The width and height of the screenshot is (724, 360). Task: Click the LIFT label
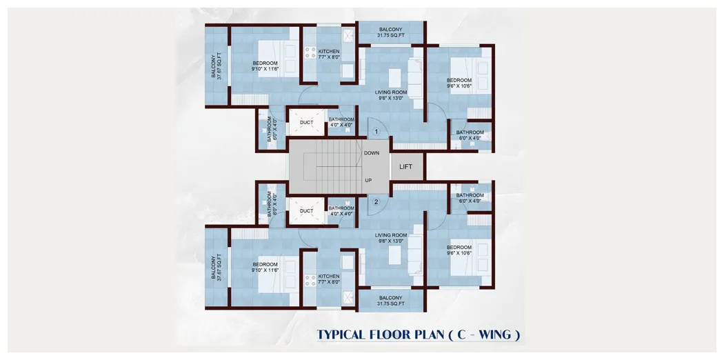click(x=405, y=166)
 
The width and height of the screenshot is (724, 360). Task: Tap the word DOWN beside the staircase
click(x=372, y=153)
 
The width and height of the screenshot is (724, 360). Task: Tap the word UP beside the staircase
click(x=369, y=181)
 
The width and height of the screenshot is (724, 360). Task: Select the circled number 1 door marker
click(x=376, y=131)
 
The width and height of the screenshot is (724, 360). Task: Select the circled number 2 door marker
click(x=376, y=202)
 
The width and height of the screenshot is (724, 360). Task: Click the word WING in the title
click(x=491, y=335)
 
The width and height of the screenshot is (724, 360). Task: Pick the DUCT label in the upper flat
click(x=306, y=123)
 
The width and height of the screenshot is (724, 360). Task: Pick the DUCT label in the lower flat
click(x=306, y=211)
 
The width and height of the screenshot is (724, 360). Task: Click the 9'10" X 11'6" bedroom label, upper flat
click(x=265, y=66)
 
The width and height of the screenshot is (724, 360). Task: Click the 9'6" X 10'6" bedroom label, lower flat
click(x=459, y=250)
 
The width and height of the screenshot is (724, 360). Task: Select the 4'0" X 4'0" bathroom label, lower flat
click(x=341, y=211)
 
